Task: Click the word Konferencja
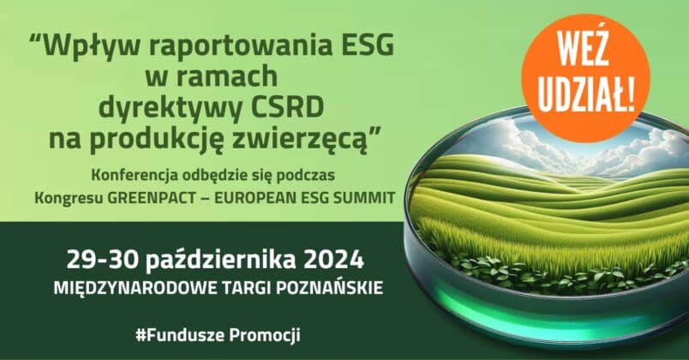[x=135, y=175]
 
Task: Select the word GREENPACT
[x=152, y=198]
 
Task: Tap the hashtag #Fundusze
[x=180, y=335]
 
